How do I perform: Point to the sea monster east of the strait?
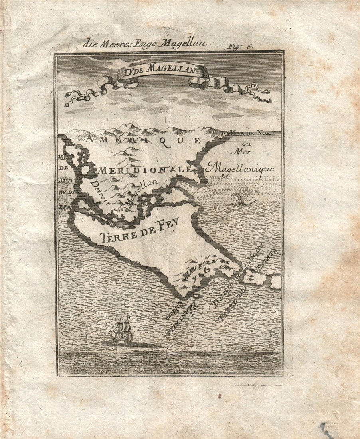[241, 199]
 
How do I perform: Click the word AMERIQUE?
[144, 140]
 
